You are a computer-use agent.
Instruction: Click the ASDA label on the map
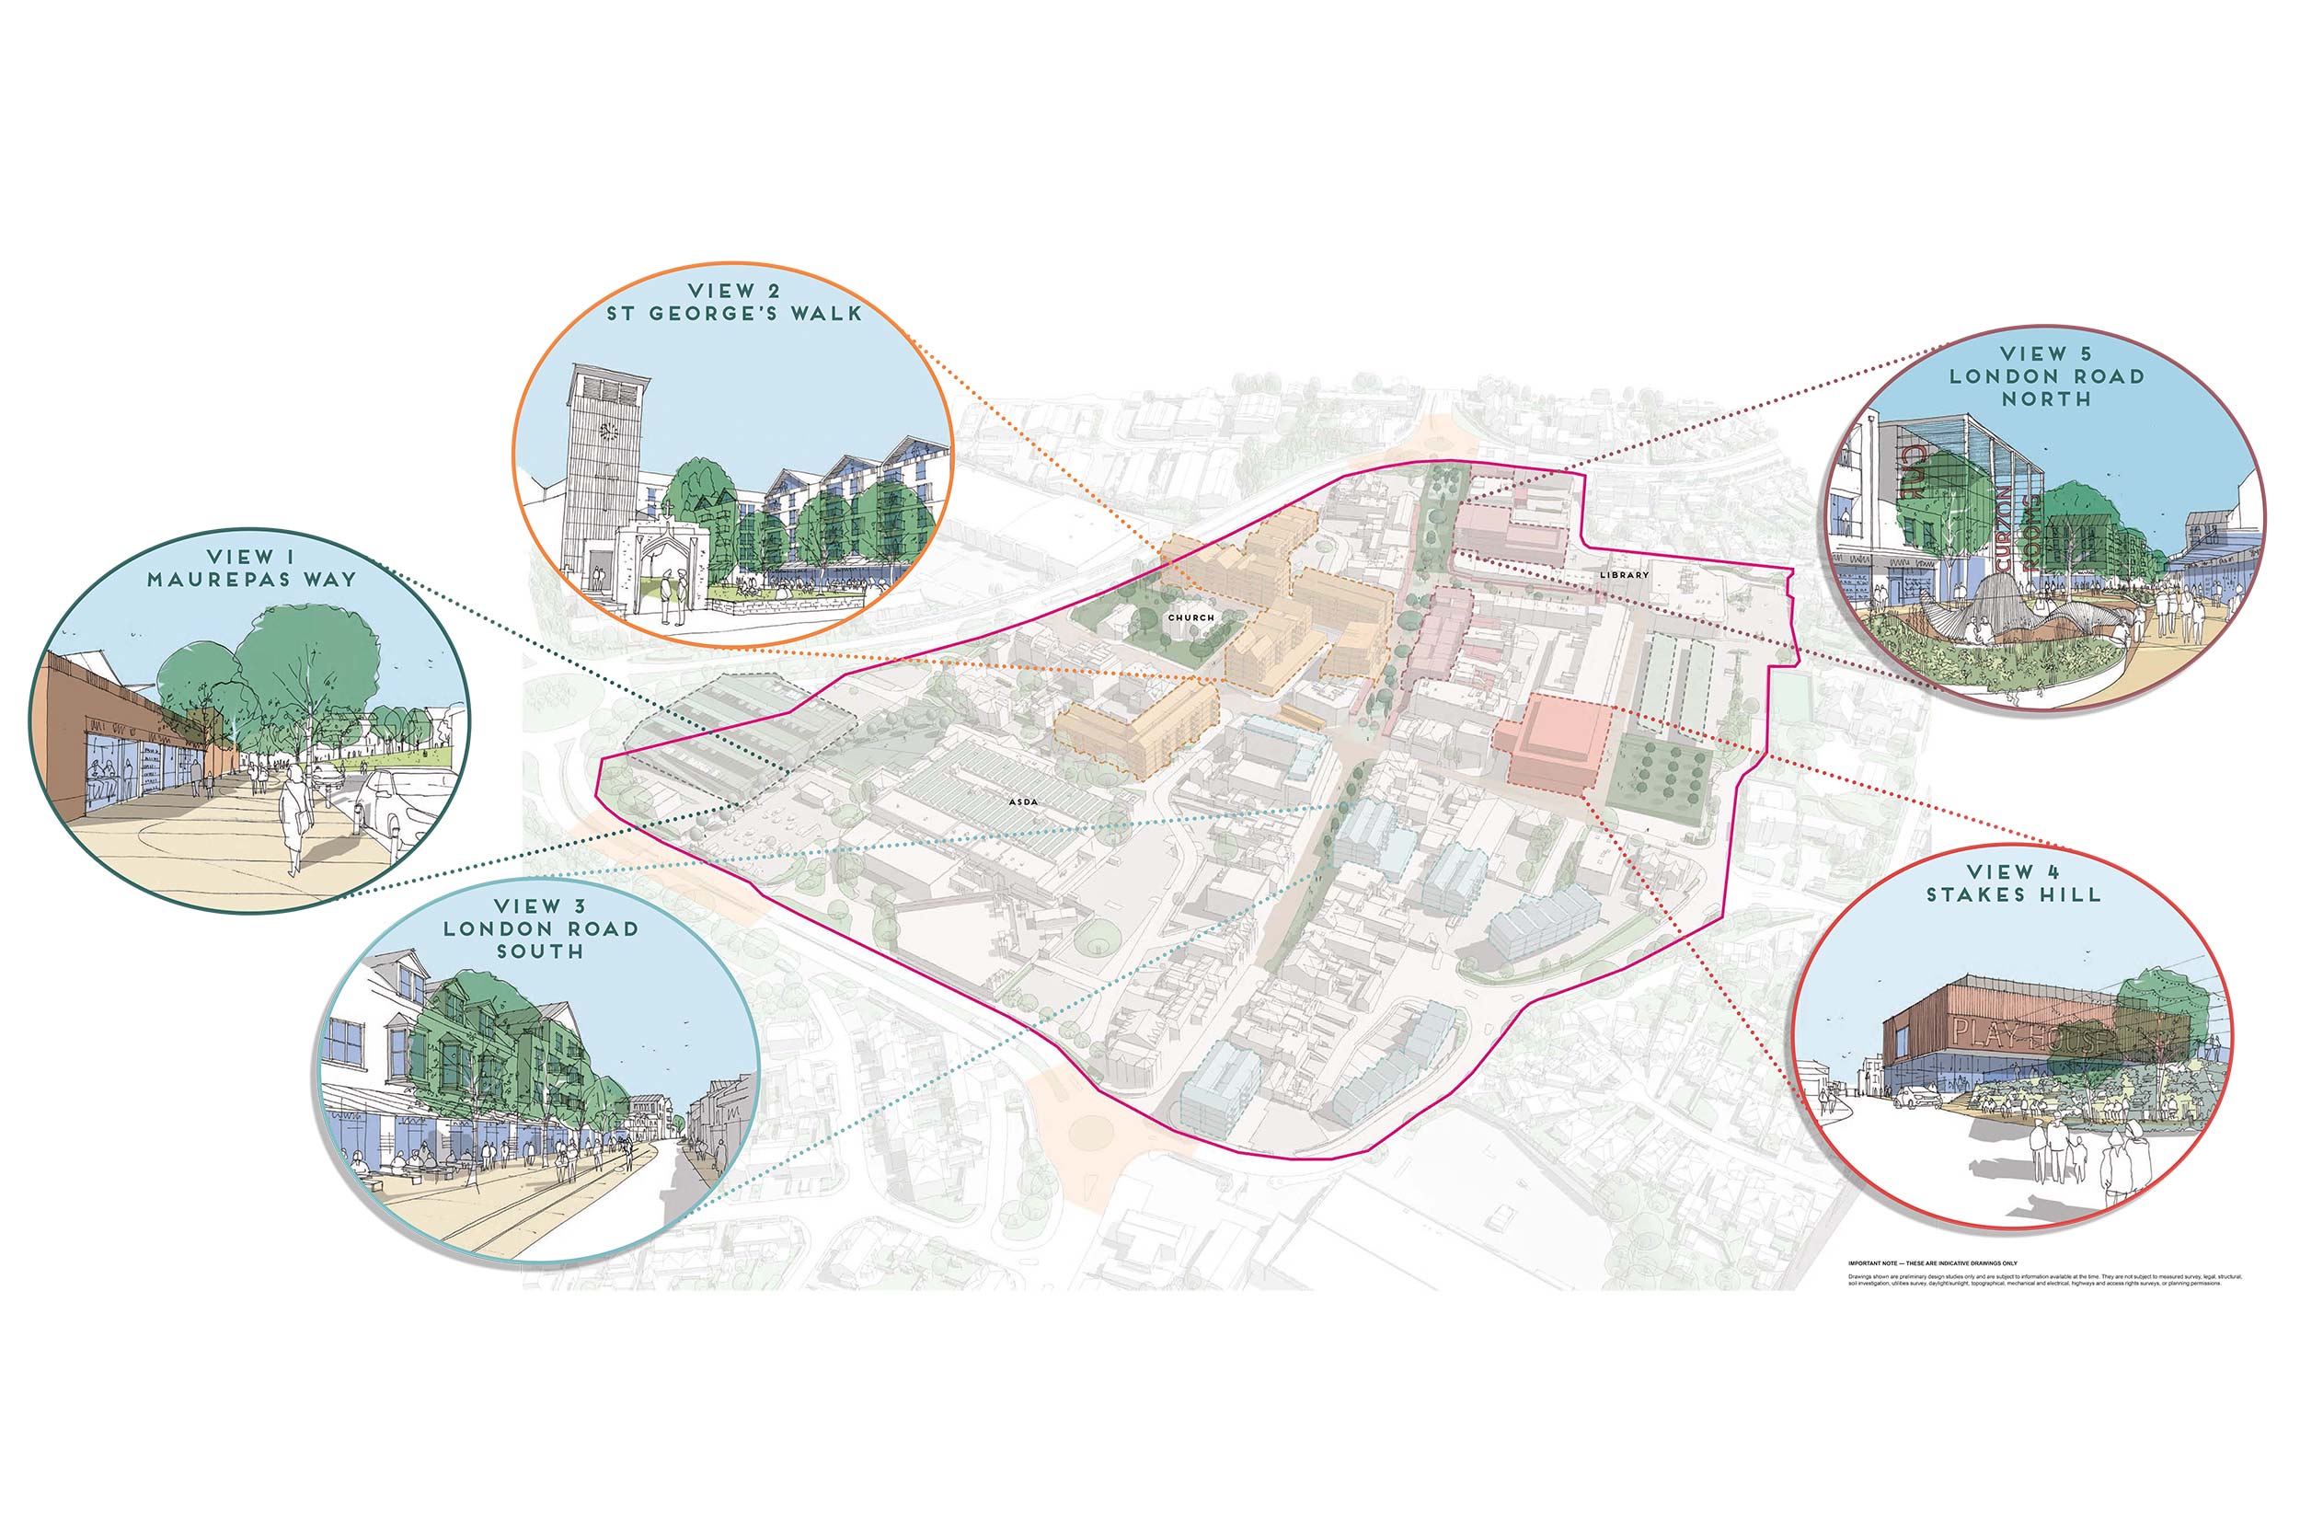pos(1022,802)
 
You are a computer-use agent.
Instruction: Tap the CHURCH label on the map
pos(1190,618)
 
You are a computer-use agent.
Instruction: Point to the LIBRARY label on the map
pos(1624,575)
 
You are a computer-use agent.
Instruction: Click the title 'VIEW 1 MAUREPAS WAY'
pos(251,568)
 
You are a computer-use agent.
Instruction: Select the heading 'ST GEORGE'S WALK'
pos(734,314)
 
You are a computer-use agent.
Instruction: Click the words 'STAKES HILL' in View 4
pos(2013,894)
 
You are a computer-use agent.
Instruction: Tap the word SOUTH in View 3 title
pos(539,951)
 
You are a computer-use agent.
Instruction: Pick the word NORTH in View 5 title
pos(2046,399)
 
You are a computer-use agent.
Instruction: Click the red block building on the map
pos(1554,740)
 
